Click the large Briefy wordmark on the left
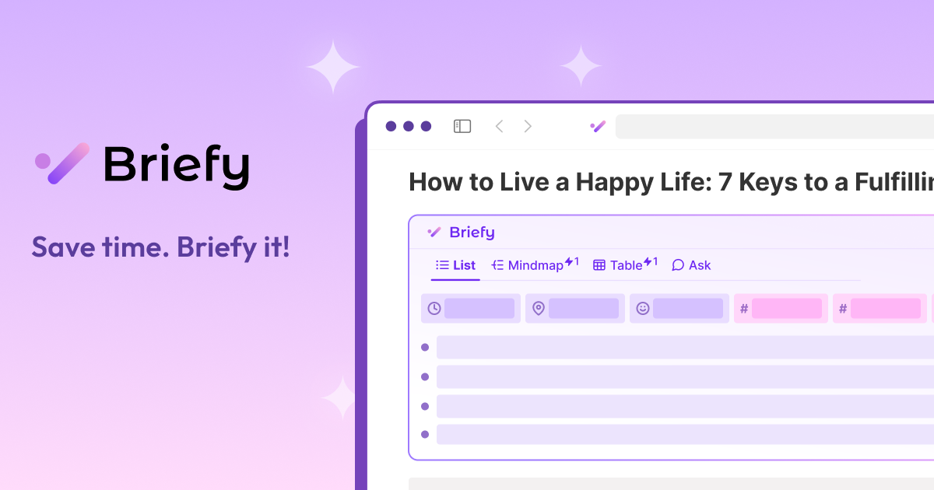pyautogui.click(x=177, y=165)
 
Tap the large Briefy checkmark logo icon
pyautogui.click(x=62, y=163)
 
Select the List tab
pyautogui.click(x=456, y=265)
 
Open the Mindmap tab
pyautogui.click(x=535, y=265)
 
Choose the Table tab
pyautogui.click(x=625, y=265)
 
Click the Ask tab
pyautogui.click(x=691, y=265)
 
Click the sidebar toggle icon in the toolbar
pyautogui.click(x=462, y=126)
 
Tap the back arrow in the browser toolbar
pyautogui.click(x=499, y=126)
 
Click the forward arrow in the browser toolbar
pyautogui.click(x=528, y=126)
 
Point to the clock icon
pyautogui.click(x=434, y=309)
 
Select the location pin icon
pyautogui.click(x=538, y=309)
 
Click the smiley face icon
pyautogui.click(x=642, y=309)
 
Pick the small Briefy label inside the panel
pyautogui.click(x=472, y=232)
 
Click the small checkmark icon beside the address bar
pyautogui.click(x=598, y=126)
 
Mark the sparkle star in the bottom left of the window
pyautogui.click(x=340, y=398)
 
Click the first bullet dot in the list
pyautogui.click(x=425, y=347)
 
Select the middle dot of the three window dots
pyautogui.click(x=409, y=126)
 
